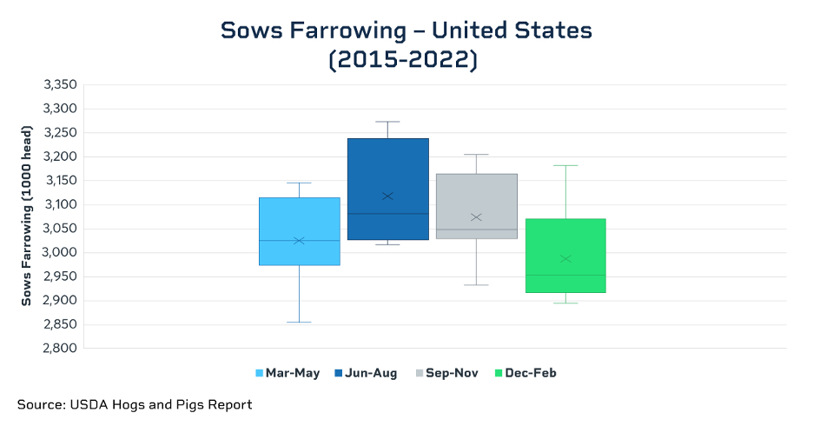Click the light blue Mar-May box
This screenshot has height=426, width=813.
[300, 231]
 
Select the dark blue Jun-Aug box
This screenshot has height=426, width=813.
[388, 189]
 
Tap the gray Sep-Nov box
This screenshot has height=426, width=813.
[477, 206]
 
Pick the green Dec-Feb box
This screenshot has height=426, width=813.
[565, 256]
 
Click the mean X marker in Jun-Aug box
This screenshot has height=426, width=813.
[388, 196]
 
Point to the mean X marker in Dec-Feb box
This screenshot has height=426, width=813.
[565, 258]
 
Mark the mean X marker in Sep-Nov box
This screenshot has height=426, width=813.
[477, 216]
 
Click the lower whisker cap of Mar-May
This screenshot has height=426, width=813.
[299, 323]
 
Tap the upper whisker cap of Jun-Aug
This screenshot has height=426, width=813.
[388, 122]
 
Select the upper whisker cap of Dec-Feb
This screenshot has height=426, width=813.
[565, 165]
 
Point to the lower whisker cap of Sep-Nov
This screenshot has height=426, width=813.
[477, 285]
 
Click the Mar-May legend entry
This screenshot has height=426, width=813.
[288, 373]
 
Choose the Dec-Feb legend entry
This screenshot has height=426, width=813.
[525, 373]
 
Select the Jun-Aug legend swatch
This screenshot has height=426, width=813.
[339, 373]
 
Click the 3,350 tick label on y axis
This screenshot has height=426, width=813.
[60, 84]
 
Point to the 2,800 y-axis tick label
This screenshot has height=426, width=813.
[60, 348]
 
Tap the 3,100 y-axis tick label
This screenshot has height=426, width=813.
[60, 204]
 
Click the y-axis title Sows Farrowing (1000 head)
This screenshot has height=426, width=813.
[26, 216]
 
